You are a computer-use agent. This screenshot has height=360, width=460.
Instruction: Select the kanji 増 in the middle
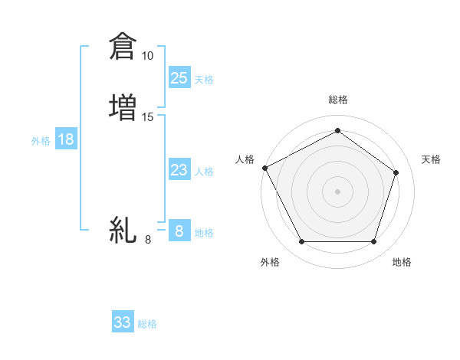(x=123, y=106)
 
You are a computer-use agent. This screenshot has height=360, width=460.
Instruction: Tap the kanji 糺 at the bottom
(x=123, y=229)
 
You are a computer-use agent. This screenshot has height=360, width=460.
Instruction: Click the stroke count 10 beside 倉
(x=147, y=56)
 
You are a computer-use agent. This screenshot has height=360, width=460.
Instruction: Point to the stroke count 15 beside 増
(x=147, y=117)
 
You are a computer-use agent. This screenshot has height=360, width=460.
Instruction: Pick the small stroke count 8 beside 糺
(x=147, y=241)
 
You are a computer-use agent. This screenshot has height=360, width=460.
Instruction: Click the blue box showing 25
(x=179, y=78)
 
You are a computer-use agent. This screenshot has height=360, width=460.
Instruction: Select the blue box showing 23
(x=179, y=170)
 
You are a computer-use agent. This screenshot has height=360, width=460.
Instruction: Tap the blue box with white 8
(x=179, y=231)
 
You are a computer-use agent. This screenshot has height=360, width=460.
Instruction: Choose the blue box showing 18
(x=66, y=139)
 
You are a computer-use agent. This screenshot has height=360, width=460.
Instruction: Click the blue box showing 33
(x=123, y=322)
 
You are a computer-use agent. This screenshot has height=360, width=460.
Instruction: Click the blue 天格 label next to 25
(x=204, y=80)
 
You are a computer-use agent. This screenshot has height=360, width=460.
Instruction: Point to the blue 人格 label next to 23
(x=204, y=172)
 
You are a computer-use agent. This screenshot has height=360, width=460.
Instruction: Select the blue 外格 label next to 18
(x=41, y=141)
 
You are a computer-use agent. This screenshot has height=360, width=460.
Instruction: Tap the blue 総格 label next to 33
(x=147, y=324)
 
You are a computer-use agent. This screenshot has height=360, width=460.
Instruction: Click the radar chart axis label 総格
(x=337, y=100)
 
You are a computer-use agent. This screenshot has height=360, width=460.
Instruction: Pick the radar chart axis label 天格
(x=431, y=159)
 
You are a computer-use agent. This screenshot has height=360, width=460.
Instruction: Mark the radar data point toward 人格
(x=264, y=168)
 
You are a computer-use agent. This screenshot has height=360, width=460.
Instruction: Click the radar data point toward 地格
(x=373, y=242)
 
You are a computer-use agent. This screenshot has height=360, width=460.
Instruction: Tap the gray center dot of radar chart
(x=337, y=191)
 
